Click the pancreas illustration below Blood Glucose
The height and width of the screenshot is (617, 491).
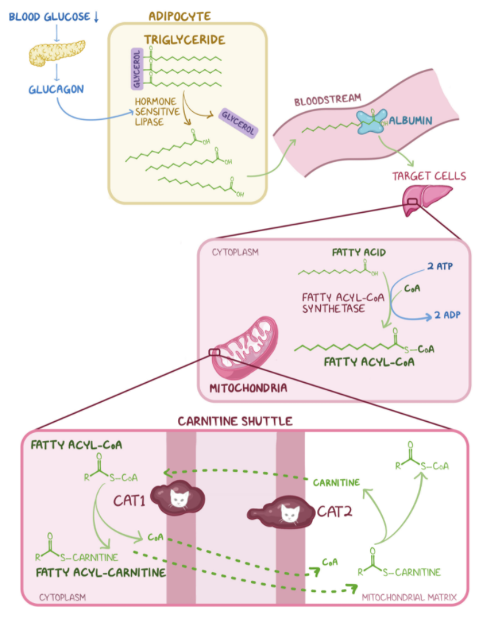click(54, 53)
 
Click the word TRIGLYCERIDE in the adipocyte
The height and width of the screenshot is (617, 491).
click(185, 39)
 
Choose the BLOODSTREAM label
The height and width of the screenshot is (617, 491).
click(322, 101)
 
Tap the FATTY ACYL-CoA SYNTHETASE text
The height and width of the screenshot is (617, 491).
click(333, 303)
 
